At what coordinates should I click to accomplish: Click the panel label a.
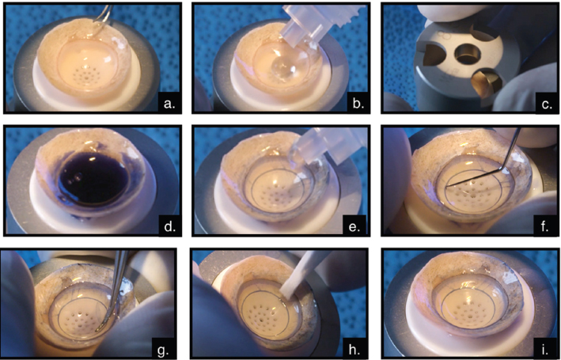click(169, 104)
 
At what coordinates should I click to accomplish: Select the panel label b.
click(358, 104)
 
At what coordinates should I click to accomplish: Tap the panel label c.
click(547, 104)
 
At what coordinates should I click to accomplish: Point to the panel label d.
click(169, 226)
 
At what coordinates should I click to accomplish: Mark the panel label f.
click(544, 226)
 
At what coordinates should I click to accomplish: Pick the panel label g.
click(163, 349)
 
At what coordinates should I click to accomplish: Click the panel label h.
click(355, 348)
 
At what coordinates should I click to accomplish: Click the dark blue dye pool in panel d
click(93, 179)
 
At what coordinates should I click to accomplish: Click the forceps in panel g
click(113, 290)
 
